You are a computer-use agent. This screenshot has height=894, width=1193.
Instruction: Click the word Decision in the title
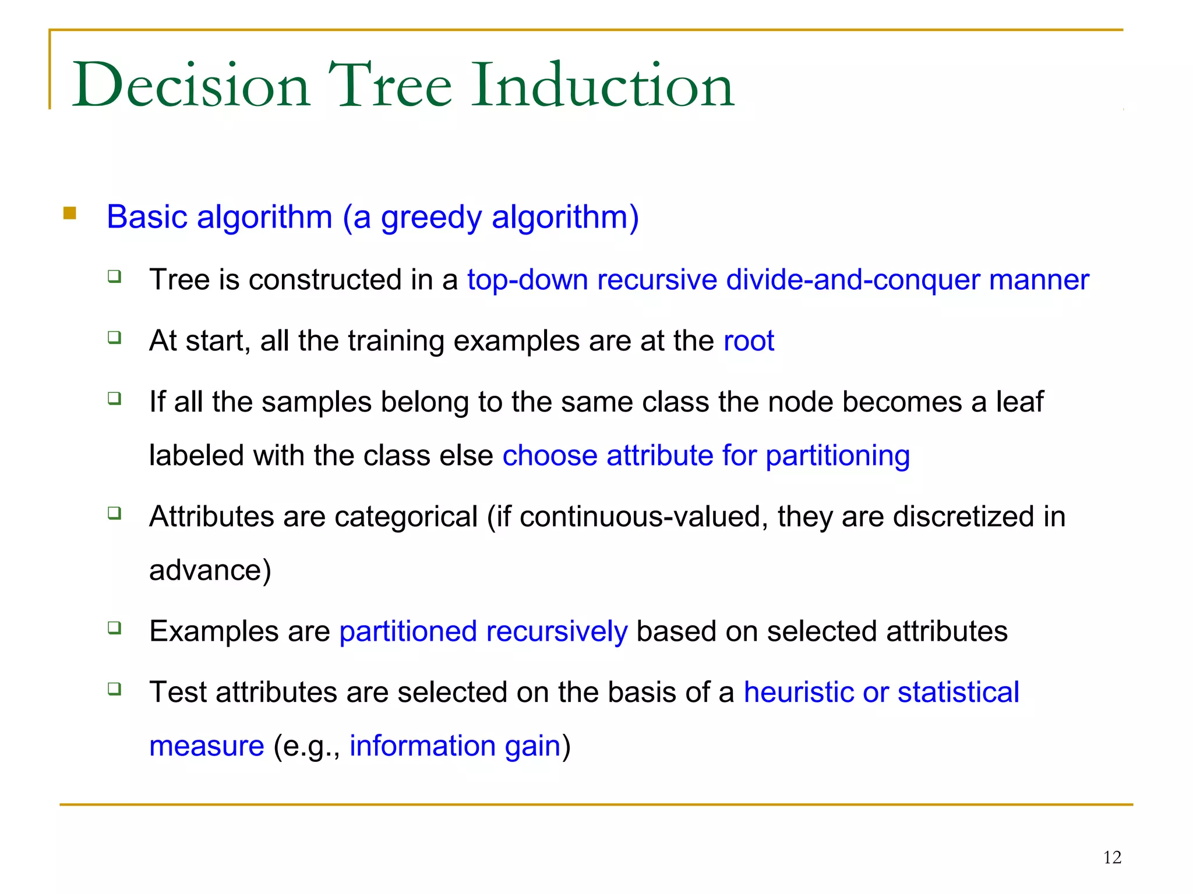[191, 86]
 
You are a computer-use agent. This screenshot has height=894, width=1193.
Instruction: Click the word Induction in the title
[603, 86]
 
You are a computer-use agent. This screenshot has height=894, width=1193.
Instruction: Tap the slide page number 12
[1112, 857]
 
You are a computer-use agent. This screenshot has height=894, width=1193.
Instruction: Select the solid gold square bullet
[70, 213]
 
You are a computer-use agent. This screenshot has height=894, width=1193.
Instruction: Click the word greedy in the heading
[431, 218]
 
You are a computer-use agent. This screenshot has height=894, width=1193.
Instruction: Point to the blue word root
[749, 340]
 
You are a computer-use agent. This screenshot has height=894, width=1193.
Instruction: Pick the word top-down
[527, 279]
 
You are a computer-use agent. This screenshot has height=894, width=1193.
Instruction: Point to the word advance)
[210, 570]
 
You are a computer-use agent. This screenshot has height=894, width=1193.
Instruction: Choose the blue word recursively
[556, 632]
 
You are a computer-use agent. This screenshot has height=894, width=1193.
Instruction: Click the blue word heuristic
[799, 693]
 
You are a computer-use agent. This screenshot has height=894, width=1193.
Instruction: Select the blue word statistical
[958, 693]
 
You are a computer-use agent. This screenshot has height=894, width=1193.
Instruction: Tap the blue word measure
[207, 747]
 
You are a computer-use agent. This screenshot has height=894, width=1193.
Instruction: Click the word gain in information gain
[532, 747]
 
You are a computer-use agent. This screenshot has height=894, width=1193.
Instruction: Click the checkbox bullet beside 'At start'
[115, 338]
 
